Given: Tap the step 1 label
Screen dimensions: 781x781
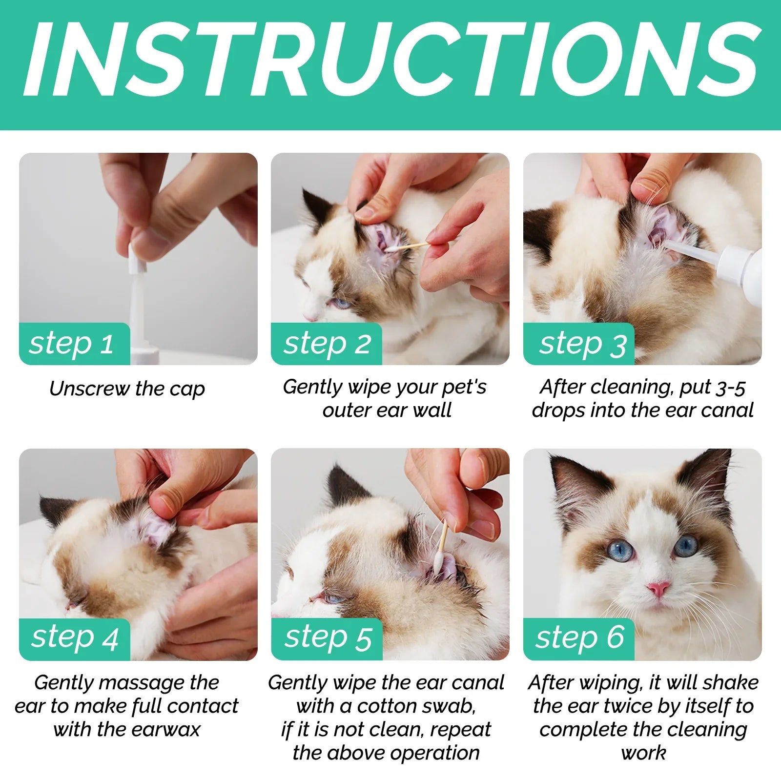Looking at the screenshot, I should (x=72, y=344).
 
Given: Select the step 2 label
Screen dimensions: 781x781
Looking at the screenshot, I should (x=327, y=344).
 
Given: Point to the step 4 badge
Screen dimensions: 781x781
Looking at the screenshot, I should (x=74, y=638).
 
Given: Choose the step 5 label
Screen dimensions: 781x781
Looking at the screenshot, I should (x=328, y=638).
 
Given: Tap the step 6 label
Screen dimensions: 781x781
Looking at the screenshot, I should (x=579, y=637).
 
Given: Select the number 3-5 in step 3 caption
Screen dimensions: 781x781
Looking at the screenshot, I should (x=730, y=388).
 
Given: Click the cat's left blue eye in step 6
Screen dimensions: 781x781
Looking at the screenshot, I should (x=620, y=551).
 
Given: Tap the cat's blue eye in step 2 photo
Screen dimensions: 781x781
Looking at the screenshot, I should (x=340, y=303).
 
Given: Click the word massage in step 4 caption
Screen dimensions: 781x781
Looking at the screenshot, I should (x=146, y=683).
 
